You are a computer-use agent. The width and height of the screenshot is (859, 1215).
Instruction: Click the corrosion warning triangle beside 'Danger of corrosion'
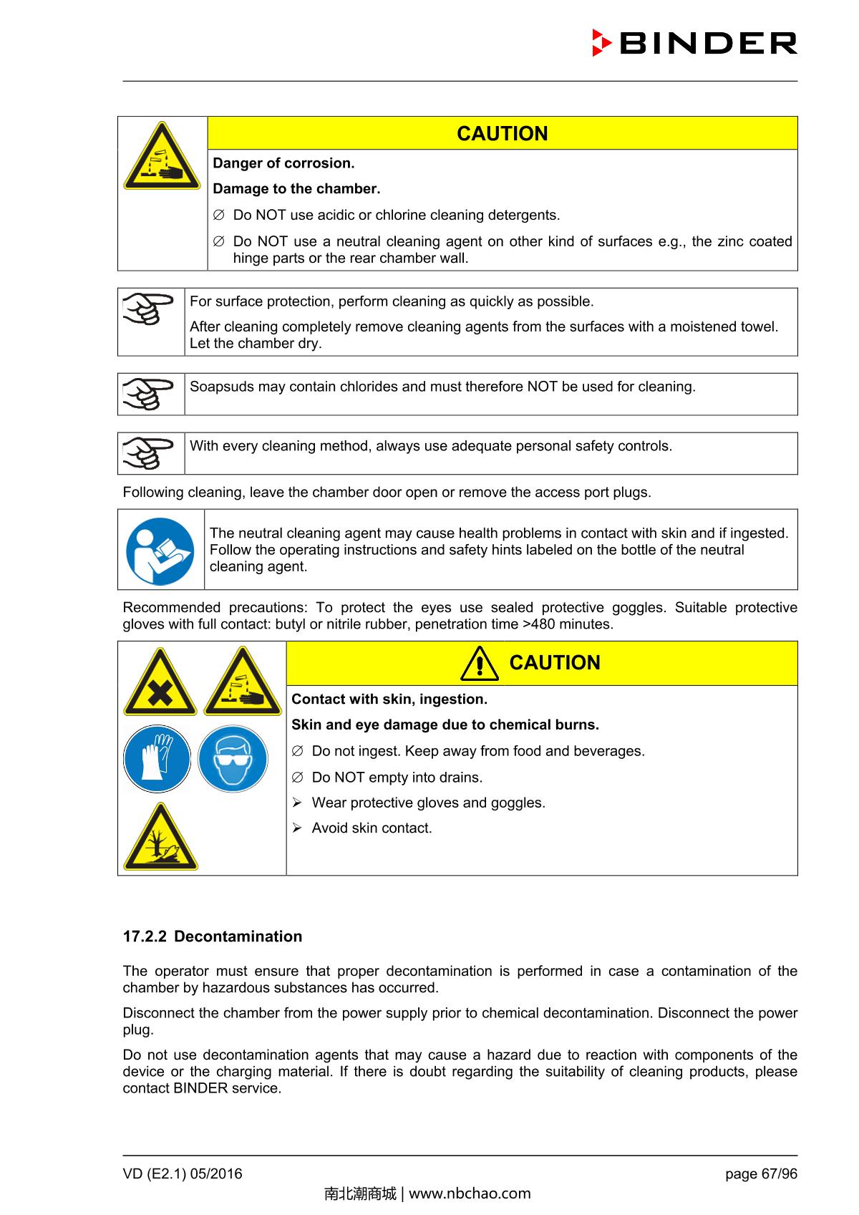click(162, 157)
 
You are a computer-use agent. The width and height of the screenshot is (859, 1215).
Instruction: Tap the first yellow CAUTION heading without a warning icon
click(502, 134)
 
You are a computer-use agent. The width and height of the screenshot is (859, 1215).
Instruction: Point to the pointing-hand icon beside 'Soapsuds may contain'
click(149, 394)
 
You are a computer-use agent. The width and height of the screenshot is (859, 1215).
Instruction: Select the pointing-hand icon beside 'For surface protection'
click(149, 309)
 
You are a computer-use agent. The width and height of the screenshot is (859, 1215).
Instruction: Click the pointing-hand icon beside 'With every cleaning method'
click(149, 453)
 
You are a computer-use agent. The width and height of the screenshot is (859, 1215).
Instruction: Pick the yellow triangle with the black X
click(160, 684)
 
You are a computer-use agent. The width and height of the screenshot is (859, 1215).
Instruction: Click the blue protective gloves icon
click(157, 759)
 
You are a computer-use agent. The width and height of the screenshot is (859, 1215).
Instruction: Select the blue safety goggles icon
click(233, 759)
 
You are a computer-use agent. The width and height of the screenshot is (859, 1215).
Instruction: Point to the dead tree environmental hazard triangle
click(160, 838)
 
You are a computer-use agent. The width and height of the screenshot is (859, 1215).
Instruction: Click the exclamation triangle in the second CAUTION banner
click(480, 664)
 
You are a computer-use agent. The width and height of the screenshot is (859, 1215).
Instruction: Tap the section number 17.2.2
click(145, 936)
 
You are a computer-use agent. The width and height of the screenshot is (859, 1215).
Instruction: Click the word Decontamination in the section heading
click(238, 936)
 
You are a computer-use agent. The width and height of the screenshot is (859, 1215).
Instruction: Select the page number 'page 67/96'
click(761, 1173)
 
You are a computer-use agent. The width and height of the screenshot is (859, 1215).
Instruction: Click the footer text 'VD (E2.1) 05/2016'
click(183, 1173)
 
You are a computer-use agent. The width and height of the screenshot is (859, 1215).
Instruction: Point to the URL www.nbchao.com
click(470, 1194)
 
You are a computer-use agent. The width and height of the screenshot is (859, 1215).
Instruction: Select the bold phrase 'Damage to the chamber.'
click(296, 189)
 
